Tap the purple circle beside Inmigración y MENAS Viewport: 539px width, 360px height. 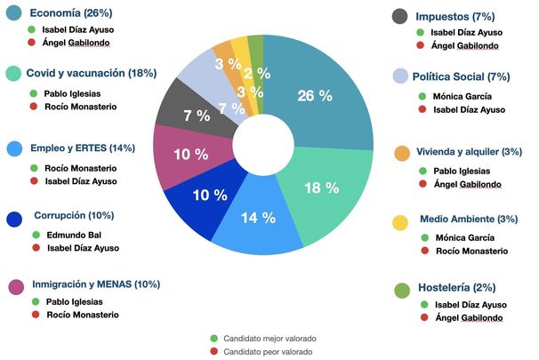14,287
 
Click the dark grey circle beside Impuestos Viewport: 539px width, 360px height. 400,15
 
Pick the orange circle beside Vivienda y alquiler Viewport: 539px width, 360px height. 401,154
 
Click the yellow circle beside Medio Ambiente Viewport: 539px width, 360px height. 401,221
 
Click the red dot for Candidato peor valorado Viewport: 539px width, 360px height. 215,352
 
